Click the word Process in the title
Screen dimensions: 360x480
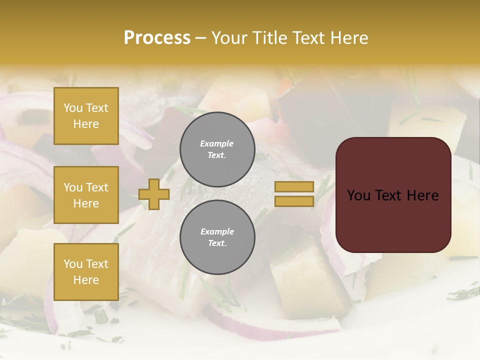pyautogui.click(x=157, y=38)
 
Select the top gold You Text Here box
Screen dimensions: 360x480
pyautogui.click(x=86, y=116)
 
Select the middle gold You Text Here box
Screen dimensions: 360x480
pyautogui.click(x=86, y=195)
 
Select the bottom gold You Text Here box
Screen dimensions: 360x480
pyautogui.click(x=86, y=272)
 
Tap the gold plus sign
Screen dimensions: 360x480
pyautogui.click(x=154, y=194)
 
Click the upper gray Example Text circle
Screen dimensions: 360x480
pyautogui.click(x=217, y=149)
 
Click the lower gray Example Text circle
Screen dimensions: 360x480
pyautogui.click(x=217, y=237)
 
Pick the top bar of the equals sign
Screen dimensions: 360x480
pyautogui.click(x=294, y=187)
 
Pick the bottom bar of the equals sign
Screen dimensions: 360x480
pyautogui.click(x=294, y=201)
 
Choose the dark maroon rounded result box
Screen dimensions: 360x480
pyautogui.click(x=393, y=195)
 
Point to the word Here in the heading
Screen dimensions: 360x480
pyautogui.click(x=350, y=38)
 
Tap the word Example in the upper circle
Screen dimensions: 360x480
pyautogui.click(x=217, y=143)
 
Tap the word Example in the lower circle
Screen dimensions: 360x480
pyautogui.click(x=217, y=231)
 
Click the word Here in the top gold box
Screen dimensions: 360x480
pyautogui.click(x=86, y=124)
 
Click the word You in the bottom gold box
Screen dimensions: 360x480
pyautogui.click(x=73, y=264)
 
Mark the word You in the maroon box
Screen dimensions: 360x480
pyautogui.click(x=359, y=195)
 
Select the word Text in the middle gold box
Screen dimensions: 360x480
pyautogui.click(x=97, y=187)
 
